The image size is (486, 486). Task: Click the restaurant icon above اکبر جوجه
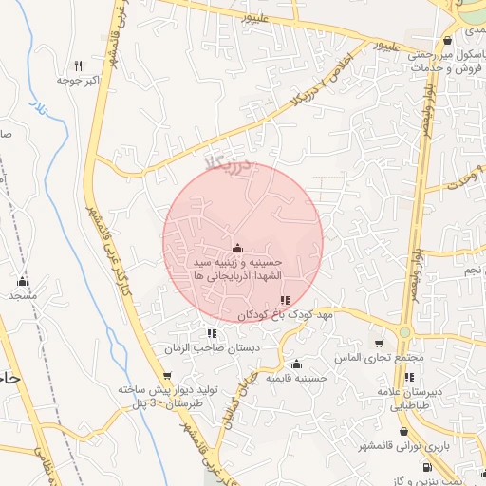click(x=79, y=66)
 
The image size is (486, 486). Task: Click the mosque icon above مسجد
click(x=23, y=281)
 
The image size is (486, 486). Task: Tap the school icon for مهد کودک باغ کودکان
click(x=285, y=300)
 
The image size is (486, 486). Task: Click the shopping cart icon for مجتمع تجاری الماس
click(x=380, y=344)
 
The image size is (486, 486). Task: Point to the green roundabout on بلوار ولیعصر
click(x=405, y=332)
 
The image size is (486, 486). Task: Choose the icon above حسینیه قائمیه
click(x=297, y=364)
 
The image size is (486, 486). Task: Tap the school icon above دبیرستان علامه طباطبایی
click(x=408, y=378)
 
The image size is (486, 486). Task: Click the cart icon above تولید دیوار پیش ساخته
click(x=167, y=376)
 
